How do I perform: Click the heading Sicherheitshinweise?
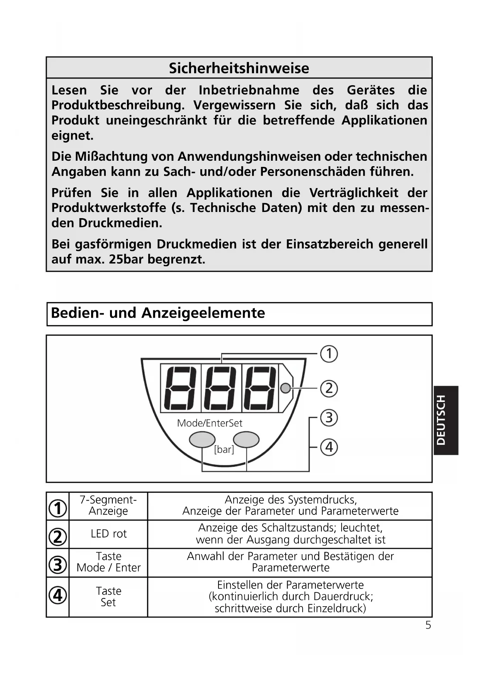click(239, 68)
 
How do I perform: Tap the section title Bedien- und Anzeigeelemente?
click(158, 313)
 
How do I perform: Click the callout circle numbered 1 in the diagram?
click(329, 354)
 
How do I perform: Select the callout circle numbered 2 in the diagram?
click(329, 388)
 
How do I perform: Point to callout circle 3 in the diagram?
click(329, 418)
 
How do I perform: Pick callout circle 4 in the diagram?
click(329, 447)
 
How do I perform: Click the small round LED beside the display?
click(286, 388)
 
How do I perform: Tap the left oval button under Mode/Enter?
click(202, 440)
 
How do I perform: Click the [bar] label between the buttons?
click(224, 449)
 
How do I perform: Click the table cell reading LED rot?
click(108, 534)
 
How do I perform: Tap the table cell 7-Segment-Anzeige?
click(108, 505)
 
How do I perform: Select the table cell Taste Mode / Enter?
click(108, 562)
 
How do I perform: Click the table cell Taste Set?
click(108, 597)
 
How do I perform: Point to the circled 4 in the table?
click(58, 596)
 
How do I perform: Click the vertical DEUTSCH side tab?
click(446, 420)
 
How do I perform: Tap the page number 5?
click(428, 625)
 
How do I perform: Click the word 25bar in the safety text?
click(126, 259)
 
